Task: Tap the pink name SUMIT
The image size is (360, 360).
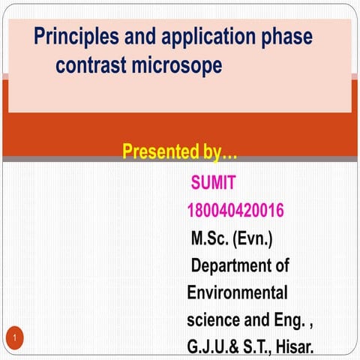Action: coord(214,182)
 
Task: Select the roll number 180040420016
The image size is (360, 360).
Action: coord(235,211)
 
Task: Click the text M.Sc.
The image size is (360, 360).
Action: coord(210,240)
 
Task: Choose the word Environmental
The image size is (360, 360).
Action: coord(237,292)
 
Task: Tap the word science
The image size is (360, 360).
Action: coord(214,319)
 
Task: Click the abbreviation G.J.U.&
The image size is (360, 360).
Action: coord(215,346)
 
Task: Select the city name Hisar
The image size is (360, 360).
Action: coord(293,346)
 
